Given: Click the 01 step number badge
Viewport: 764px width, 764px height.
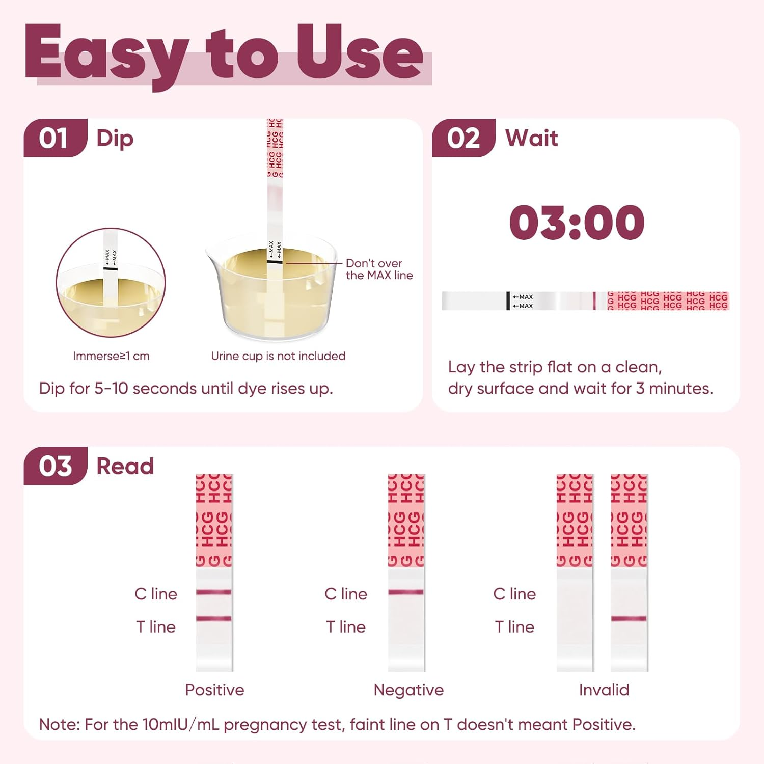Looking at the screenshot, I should pyautogui.click(x=53, y=138).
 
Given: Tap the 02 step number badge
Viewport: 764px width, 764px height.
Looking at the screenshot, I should pyautogui.click(x=463, y=138).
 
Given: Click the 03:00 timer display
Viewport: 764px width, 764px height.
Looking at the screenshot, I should pyautogui.click(x=577, y=223).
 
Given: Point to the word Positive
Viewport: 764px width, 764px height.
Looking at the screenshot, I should pyautogui.click(x=214, y=690).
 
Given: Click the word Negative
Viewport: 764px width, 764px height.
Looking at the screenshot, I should pyautogui.click(x=408, y=690).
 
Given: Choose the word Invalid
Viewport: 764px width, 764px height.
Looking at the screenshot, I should pyautogui.click(x=604, y=690).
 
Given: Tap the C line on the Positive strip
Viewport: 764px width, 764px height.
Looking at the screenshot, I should pyautogui.click(x=214, y=592).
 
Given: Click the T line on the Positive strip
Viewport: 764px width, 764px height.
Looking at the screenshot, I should pyautogui.click(x=214, y=619).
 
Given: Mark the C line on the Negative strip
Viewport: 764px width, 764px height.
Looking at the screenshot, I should pyautogui.click(x=406, y=592).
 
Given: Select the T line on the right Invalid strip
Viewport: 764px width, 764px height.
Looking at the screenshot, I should pyautogui.click(x=629, y=619).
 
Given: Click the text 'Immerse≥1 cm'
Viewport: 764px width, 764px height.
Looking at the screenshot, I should pyautogui.click(x=111, y=356).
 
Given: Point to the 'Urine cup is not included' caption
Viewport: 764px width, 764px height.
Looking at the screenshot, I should pyautogui.click(x=278, y=356).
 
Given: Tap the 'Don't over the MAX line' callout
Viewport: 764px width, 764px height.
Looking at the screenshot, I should pyautogui.click(x=379, y=269).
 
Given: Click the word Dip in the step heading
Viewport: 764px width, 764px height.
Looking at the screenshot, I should pyautogui.click(x=115, y=139).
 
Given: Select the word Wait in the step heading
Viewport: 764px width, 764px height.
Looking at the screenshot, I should pyautogui.click(x=532, y=138).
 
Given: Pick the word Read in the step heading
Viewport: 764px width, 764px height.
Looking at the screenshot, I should pyautogui.click(x=125, y=466).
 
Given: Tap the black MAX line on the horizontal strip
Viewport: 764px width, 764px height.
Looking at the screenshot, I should pyautogui.click(x=508, y=301).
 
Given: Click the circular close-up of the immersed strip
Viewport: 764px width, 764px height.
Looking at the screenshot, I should pyautogui.click(x=111, y=283).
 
